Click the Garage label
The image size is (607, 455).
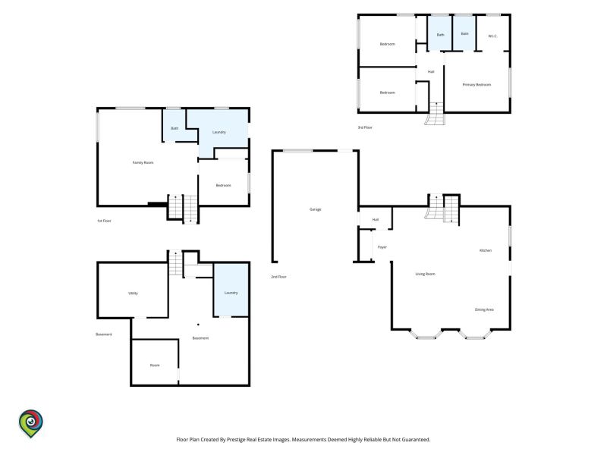pyautogui.click(x=315, y=209)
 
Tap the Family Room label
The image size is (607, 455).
pyautogui.click(x=143, y=162)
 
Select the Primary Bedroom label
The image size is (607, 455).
pyautogui.click(x=476, y=84)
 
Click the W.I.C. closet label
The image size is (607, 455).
pyautogui.click(x=492, y=36)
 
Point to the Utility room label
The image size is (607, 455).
pyautogui.click(x=133, y=293)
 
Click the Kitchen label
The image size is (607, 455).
pyautogui.click(x=486, y=250)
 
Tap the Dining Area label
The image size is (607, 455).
pyautogui.click(x=484, y=309)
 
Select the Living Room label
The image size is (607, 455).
pyautogui.click(x=425, y=274)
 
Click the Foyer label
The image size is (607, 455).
pyautogui.click(x=382, y=247)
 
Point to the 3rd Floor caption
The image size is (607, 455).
pyautogui.click(x=365, y=127)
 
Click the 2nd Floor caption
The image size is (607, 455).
pyautogui.click(x=278, y=277)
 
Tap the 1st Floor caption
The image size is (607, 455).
pyautogui.click(x=104, y=221)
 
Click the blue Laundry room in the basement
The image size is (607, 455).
pyautogui.click(x=231, y=290)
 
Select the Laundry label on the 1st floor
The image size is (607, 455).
pyautogui.click(x=219, y=132)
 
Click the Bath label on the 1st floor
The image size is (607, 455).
pyautogui.click(x=175, y=128)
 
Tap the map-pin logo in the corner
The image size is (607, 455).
pyautogui.click(x=31, y=423)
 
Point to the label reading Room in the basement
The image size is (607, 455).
pyautogui.click(x=155, y=366)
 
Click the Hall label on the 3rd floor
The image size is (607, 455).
pyautogui.click(x=431, y=71)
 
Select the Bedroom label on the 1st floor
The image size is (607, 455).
pyautogui.click(x=223, y=185)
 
